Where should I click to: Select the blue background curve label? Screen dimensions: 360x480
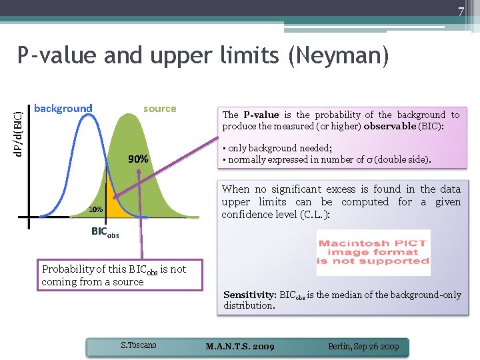pos(63,109)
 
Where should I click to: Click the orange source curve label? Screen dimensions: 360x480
pos(160,109)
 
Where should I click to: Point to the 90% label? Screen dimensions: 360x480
pos(139,159)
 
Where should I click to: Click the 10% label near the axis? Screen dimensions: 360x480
pos(97,209)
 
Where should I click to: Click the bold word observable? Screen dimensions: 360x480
pos(390,126)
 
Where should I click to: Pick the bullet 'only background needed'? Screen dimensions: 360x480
pos(277,148)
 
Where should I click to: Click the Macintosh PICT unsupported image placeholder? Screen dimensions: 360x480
pos(373,252)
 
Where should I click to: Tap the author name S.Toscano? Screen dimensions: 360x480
pos(138,345)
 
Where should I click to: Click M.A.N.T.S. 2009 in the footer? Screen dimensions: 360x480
pos(240,347)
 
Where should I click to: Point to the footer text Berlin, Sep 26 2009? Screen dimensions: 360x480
pos(363,347)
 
